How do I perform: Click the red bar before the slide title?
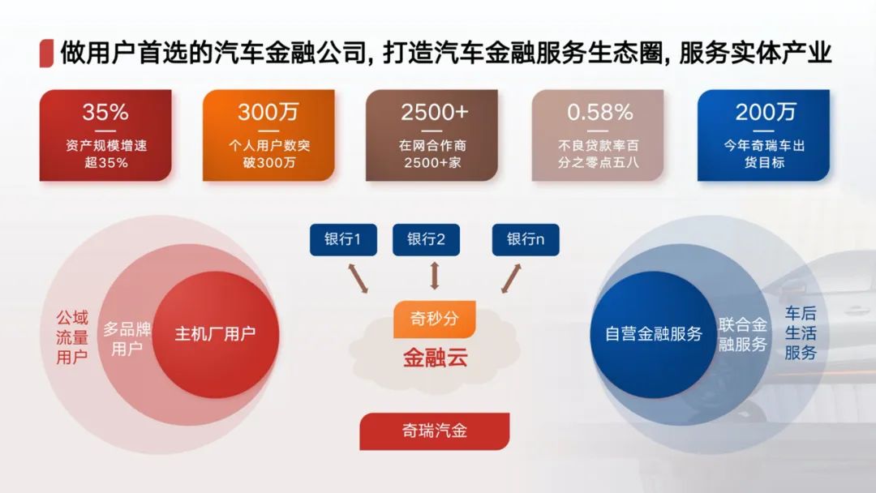(x=46, y=54)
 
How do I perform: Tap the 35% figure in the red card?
(x=105, y=112)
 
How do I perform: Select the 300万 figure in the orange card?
(x=268, y=112)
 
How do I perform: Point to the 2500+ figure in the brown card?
(x=434, y=112)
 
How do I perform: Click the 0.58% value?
(x=599, y=112)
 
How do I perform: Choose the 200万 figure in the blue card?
(x=765, y=112)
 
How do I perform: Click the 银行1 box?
(x=343, y=239)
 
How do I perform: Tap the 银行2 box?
(x=427, y=239)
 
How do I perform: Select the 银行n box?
(x=525, y=239)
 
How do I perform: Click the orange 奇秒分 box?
(x=435, y=319)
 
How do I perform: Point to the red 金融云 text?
(x=436, y=358)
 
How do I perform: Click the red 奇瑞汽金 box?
(x=435, y=431)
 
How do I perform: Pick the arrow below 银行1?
(x=359, y=278)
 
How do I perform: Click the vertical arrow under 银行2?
(x=435, y=276)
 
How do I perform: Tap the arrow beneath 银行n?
(x=511, y=278)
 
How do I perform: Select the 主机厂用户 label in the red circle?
(x=215, y=334)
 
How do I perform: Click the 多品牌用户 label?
(x=127, y=339)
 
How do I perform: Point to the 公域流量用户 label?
(x=72, y=337)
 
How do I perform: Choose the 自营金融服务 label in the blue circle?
(x=654, y=334)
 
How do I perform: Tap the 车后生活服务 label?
(x=801, y=332)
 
